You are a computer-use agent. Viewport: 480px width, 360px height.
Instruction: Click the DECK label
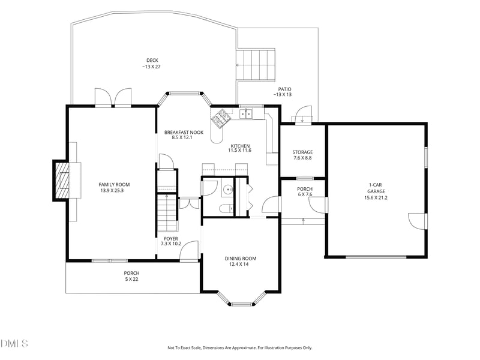[152, 61]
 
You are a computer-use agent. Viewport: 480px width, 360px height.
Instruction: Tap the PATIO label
[284, 89]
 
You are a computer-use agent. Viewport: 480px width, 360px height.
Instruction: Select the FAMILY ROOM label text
[114, 185]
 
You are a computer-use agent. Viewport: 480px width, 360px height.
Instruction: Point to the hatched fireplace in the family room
[62, 181]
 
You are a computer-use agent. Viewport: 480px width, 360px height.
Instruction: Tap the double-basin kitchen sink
[246, 113]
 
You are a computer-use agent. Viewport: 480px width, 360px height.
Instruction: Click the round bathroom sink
[228, 190]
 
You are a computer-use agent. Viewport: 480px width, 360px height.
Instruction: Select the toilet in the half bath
[226, 208]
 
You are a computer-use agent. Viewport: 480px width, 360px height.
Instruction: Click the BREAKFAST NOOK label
[184, 132]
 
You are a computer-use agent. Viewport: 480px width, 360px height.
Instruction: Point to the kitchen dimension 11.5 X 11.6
[239, 151]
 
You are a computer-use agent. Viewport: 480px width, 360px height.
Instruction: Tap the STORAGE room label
[302, 152]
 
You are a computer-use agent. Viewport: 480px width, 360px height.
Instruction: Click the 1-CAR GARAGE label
[376, 188]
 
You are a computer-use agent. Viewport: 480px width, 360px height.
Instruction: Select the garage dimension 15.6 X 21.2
[376, 198]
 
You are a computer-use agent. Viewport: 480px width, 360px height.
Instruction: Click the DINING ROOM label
[241, 259]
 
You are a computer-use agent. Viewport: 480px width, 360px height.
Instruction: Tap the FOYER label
[171, 239]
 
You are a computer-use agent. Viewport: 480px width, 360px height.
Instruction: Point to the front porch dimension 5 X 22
[131, 279]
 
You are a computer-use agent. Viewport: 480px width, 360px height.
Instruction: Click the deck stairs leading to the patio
[256, 65]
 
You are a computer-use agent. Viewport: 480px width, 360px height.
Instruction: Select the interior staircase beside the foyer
[167, 213]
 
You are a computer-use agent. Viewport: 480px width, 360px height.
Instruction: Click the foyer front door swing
[189, 251]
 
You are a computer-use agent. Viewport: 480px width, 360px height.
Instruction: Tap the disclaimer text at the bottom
[239, 348]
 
